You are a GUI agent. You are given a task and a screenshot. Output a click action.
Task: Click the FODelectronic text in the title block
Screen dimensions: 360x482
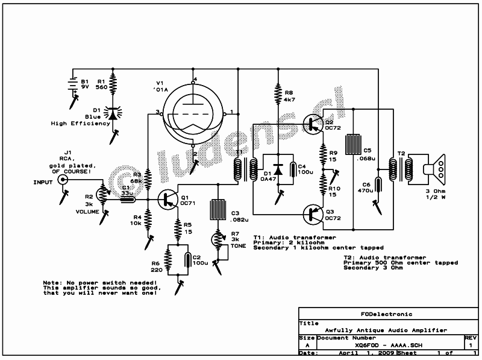coord(386,314)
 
